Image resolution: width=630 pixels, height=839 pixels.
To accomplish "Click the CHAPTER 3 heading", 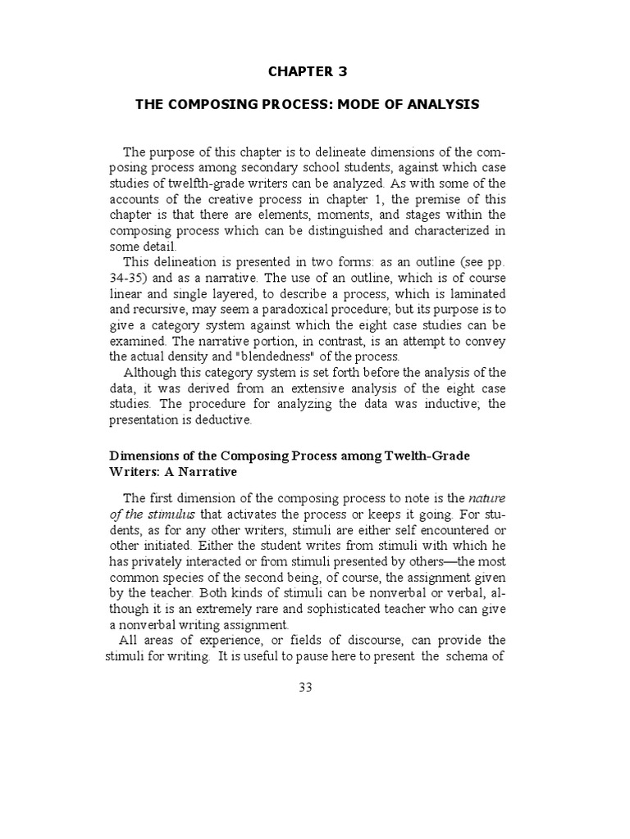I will tap(308, 71).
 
